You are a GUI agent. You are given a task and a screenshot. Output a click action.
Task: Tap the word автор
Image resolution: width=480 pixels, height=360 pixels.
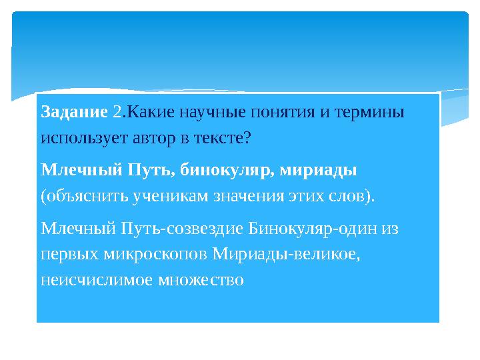pos(145,139)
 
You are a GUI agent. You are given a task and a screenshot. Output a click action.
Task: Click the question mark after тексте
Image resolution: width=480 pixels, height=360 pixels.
pos(247,139)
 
